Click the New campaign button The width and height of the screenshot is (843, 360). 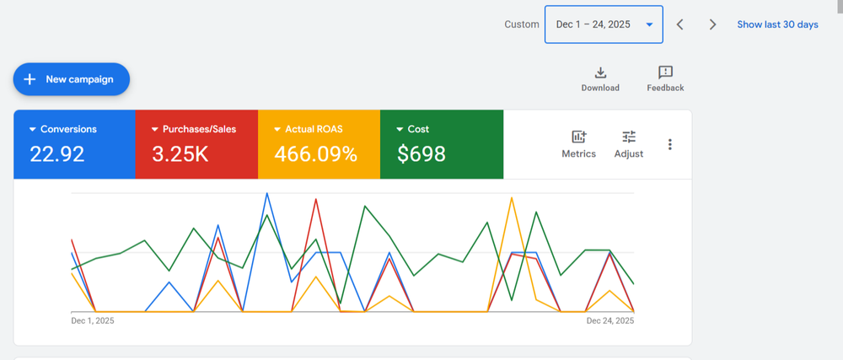71,79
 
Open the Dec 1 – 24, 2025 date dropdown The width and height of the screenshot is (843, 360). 604,24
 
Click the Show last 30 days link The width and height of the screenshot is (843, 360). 777,24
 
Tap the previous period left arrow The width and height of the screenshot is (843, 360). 680,24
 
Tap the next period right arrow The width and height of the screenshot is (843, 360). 712,24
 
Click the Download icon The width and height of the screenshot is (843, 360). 600,73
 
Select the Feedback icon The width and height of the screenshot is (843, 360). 665,73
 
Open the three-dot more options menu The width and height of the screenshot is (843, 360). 670,144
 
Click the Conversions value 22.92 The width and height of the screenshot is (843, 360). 58,154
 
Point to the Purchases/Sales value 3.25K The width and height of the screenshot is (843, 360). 180,154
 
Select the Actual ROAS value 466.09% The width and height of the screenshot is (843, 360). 315,154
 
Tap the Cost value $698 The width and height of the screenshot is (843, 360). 421,154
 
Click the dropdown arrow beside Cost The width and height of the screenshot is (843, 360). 400,130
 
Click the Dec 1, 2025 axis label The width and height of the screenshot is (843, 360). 93,320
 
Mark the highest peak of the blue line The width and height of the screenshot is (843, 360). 267,193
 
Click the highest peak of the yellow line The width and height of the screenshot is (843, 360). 511,197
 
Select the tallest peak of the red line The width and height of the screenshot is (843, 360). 316,199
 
